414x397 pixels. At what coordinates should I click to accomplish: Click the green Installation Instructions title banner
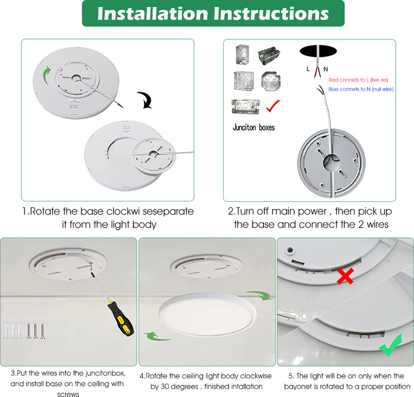(213, 14)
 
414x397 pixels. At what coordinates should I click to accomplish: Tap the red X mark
(345, 276)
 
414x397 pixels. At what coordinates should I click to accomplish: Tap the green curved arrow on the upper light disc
(45, 75)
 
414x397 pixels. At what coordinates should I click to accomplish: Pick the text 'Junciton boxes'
(253, 127)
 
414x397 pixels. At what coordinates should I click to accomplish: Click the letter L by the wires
(308, 69)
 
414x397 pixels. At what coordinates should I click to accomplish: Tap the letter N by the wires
(326, 69)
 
